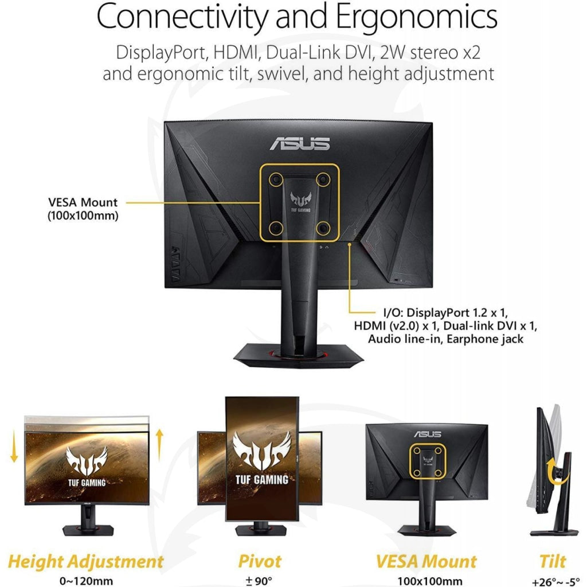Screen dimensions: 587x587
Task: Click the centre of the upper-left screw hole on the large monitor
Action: [x=276, y=179]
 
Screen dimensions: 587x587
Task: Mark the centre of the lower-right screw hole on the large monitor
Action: [x=323, y=228]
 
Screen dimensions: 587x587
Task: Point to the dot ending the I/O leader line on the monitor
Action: [x=349, y=244]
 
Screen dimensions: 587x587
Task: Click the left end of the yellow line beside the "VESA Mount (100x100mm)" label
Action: [x=126, y=202]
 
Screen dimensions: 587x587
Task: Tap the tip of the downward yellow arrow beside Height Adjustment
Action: [x=14, y=462]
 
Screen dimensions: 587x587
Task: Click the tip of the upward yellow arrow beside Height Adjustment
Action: [x=159, y=429]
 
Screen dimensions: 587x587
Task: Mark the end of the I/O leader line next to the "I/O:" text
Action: [x=375, y=312]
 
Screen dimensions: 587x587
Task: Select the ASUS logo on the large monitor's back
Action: [x=300, y=143]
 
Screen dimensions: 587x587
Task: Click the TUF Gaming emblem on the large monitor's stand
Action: [x=300, y=201]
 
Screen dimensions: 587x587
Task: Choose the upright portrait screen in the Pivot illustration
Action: [x=262, y=459]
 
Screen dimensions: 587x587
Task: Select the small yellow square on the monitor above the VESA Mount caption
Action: [x=428, y=461]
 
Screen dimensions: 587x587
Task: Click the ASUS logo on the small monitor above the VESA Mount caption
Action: [x=428, y=434]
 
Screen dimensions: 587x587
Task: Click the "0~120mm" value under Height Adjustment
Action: [x=86, y=581]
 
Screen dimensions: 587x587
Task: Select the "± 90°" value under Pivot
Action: [x=259, y=581]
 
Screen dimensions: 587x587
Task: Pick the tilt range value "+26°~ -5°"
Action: [x=555, y=582]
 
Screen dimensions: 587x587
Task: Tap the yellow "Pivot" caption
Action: [x=260, y=561]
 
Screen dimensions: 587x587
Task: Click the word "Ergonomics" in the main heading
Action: [x=417, y=17]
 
